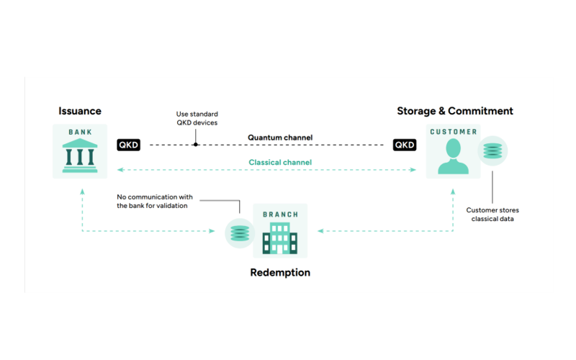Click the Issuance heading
(80, 111)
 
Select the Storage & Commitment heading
(455, 111)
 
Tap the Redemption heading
(280, 272)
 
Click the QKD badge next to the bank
(128, 145)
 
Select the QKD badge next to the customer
(405, 145)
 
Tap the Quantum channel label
(280, 137)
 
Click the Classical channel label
(280, 162)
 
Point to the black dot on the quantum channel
(196, 145)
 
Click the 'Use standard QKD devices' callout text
(197, 118)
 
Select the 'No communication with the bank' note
(156, 201)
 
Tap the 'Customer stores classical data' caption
(492, 214)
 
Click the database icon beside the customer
(493, 152)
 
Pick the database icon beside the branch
(239, 233)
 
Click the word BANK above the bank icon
(80, 132)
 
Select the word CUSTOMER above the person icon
(454, 132)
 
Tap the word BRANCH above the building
(280, 214)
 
